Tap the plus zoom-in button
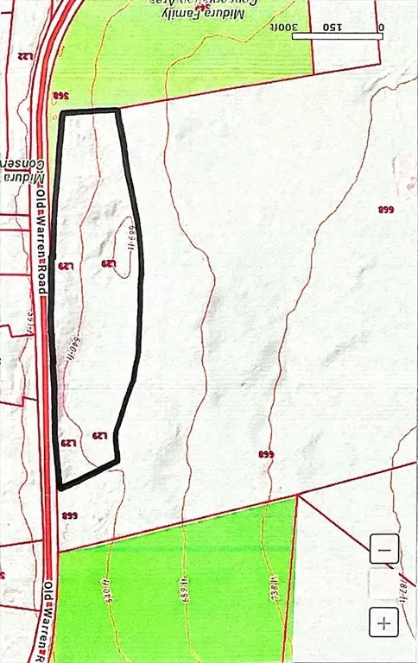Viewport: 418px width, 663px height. click(383, 621)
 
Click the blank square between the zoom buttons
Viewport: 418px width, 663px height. click(383, 584)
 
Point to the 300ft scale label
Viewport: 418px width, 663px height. click(307, 27)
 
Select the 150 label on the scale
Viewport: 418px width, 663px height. click(332, 27)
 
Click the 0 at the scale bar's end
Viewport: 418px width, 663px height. click(381, 27)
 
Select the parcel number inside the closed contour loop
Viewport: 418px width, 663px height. click(109, 263)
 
